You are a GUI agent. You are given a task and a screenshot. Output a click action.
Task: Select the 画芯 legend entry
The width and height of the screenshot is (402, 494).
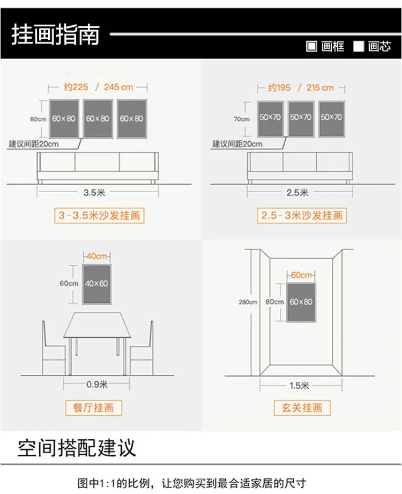point(373,47)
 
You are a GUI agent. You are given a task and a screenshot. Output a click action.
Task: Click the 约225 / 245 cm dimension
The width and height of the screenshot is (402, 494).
point(98,86)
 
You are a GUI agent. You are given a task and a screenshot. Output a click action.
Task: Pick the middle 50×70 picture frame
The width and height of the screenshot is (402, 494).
point(301,118)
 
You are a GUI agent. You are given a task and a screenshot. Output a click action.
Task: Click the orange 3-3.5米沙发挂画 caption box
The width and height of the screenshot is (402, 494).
point(99,216)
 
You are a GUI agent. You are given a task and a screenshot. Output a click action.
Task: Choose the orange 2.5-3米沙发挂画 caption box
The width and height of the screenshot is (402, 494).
point(302,216)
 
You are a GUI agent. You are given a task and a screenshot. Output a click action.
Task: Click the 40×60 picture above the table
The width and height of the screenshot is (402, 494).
point(96,284)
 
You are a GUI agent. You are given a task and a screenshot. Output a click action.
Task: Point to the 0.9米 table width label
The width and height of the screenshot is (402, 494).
point(97,384)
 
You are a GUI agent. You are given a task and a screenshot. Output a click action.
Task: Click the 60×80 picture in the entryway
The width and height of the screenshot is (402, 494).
point(301,302)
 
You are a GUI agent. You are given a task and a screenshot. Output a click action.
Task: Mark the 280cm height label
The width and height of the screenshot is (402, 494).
point(248,302)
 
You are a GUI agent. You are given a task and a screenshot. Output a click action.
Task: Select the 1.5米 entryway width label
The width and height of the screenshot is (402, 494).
point(300,385)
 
